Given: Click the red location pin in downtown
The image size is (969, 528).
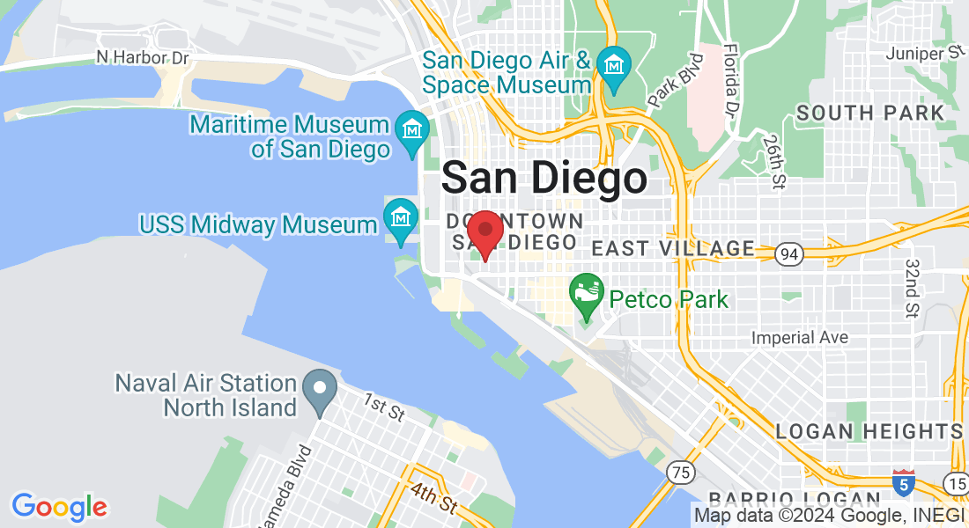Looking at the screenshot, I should (484, 231).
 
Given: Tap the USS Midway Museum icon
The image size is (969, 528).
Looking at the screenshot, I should (401, 216).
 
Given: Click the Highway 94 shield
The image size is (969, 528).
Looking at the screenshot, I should (789, 254).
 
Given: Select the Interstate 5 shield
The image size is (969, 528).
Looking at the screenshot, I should (902, 483).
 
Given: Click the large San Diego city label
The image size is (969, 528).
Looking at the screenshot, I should (544, 179).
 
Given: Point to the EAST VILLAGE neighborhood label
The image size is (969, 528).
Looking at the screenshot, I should (673, 249).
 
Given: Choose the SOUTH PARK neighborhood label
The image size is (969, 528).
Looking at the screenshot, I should (870, 113).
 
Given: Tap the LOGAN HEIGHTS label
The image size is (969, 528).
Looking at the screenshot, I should (869, 431).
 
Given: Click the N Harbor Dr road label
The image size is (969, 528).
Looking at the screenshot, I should (143, 58).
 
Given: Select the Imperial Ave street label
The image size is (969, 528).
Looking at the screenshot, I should (799, 337).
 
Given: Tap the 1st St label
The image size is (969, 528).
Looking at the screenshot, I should (383, 408).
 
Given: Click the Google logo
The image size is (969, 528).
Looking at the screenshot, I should (59, 507).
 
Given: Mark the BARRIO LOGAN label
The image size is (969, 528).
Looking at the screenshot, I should (771, 498).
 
